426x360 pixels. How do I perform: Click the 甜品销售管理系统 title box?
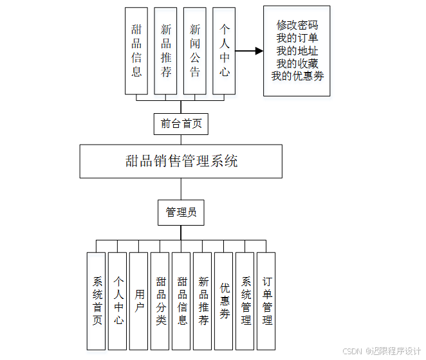pyautogui.click(x=181, y=161)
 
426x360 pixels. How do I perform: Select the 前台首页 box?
pyautogui.click(x=181, y=123)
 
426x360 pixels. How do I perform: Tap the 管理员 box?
pyautogui.click(x=181, y=212)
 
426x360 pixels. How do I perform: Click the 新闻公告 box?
pyautogui.click(x=195, y=51)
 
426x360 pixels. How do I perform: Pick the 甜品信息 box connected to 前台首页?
pyautogui.click(x=136, y=51)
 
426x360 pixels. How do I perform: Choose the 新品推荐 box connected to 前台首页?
pyautogui.click(x=166, y=51)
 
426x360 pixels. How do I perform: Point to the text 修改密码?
pyautogui.click(x=297, y=26)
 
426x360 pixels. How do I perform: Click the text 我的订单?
pyautogui.click(x=297, y=39)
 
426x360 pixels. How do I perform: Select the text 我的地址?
pyautogui.click(x=297, y=51)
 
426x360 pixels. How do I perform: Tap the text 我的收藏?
pyautogui.click(x=297, y=64)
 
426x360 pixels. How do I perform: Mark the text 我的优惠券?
pyautogui.click(x=297, y=76)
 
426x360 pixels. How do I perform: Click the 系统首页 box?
pyautogui.click(x=97, y=301)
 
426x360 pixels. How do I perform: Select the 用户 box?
pyautogui.click(x=139, y=301)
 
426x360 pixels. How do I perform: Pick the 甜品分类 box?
pyautogui.click(x=160, y=301)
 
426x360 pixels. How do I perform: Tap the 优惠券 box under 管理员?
pyautogui.click(x=224, y=301)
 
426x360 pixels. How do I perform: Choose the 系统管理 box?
pyautogui.click(x=245, y=301)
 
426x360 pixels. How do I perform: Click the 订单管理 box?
pyautogui.click(x=266, y=301)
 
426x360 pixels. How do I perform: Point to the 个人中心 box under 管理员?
pyautogui.click(x=118, y=301)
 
